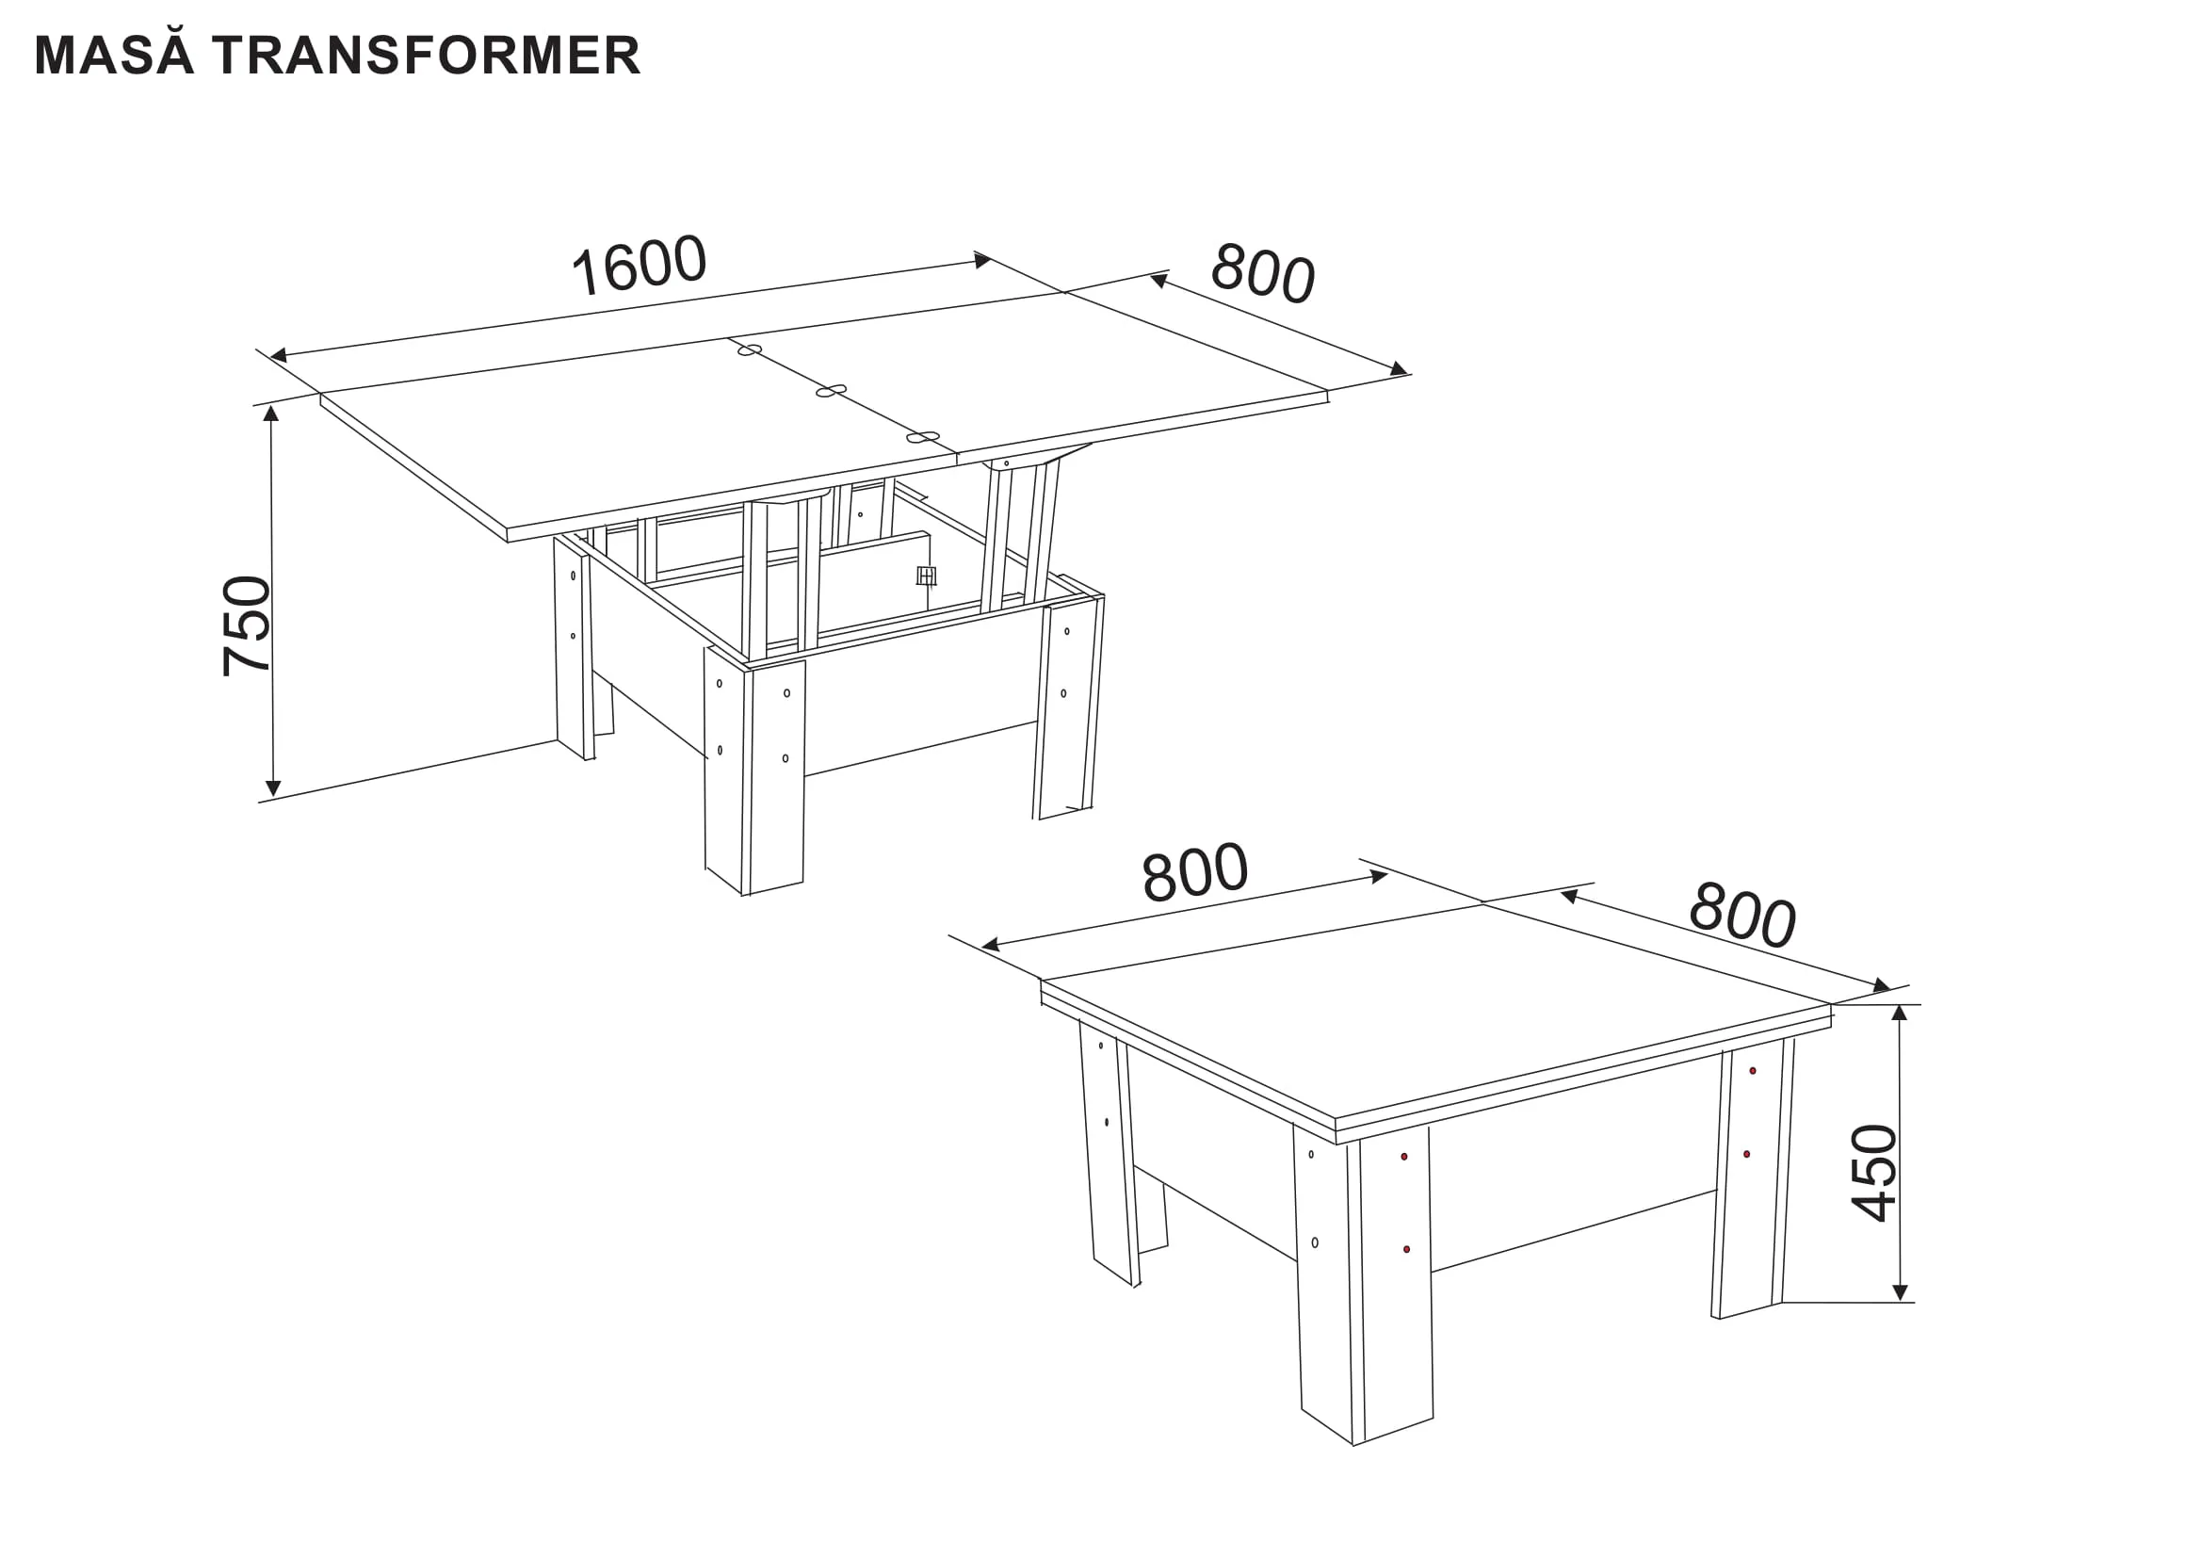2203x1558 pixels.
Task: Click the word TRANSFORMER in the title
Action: [427, 56]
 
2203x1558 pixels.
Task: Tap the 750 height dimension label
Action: [247, 626]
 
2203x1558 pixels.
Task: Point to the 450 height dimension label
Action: [1874, 1173]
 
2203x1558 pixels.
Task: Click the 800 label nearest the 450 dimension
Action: [1741, 916]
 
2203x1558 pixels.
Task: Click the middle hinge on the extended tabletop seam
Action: [831, 391]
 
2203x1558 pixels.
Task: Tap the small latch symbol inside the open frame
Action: [926, 576]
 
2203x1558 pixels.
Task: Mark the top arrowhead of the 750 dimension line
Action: [271, 413]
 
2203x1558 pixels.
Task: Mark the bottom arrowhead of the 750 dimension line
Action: [272, 788]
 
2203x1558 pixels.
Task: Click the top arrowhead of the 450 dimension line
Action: [1899, 1014]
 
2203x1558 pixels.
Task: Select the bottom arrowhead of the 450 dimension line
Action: [1900, 1292]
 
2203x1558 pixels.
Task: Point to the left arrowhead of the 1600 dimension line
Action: [278, 355]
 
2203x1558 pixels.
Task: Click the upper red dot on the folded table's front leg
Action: [1403, 1157]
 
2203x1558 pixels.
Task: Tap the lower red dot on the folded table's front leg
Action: [1406, 1249]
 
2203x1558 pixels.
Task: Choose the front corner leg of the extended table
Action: [754, 772]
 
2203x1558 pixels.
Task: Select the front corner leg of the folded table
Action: [1364, 1284]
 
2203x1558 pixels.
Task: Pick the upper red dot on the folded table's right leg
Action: [1753, 1071]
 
